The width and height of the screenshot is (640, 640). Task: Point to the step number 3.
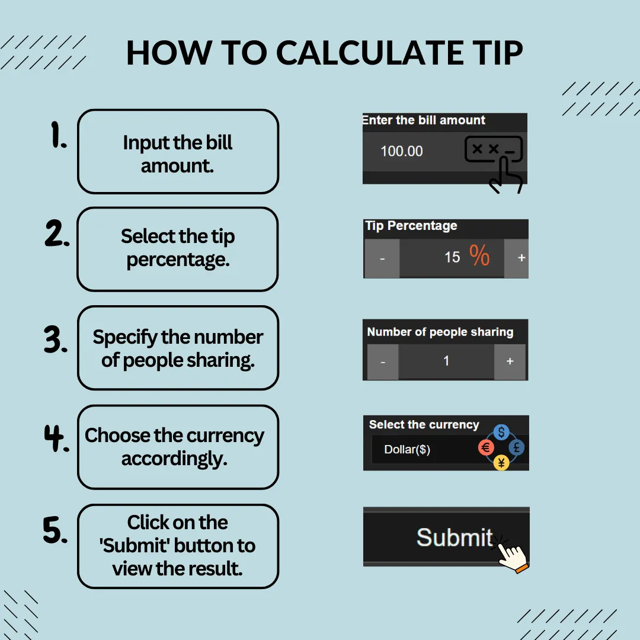click(x=56, y=339)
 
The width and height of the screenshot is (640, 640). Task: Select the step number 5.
click(x=55, y=530)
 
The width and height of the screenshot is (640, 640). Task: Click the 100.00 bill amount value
click(x=402, y=152)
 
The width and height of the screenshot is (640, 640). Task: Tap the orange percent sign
click(x=479, y=255)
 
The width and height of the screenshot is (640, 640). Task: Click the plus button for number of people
click(x=510, y=361)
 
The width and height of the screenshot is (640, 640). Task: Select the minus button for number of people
click(x=383, y=361)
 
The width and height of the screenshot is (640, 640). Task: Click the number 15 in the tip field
click(x=452, y=257)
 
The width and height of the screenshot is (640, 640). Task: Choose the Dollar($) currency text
click(x=407, y=449)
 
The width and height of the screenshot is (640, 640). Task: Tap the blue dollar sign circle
click(x=501, y=432)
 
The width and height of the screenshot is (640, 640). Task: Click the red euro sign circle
click(x=486, y=448)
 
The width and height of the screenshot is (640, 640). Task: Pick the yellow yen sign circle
click(x=501, y=463)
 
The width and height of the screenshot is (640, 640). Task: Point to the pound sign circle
click(x=516, y=448)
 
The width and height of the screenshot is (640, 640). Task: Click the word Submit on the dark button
click(x=455, y=537)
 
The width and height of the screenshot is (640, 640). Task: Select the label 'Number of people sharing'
click(x=440, y=332)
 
